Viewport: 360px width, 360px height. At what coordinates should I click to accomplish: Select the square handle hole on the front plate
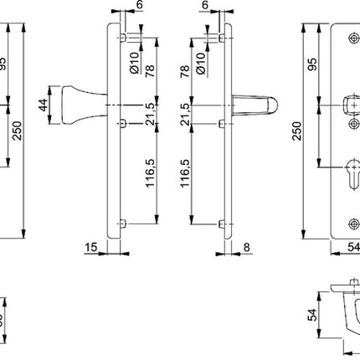coord(352,105)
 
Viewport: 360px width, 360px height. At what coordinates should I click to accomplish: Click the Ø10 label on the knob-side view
coord(133,60)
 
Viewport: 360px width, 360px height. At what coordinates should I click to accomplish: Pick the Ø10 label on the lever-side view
coord(201,60)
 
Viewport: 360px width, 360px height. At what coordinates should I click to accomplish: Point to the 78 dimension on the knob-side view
coord(151,70)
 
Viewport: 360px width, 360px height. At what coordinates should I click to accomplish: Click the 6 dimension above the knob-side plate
coord(138,6)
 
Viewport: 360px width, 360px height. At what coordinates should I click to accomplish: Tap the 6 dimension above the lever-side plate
coord(204,6)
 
